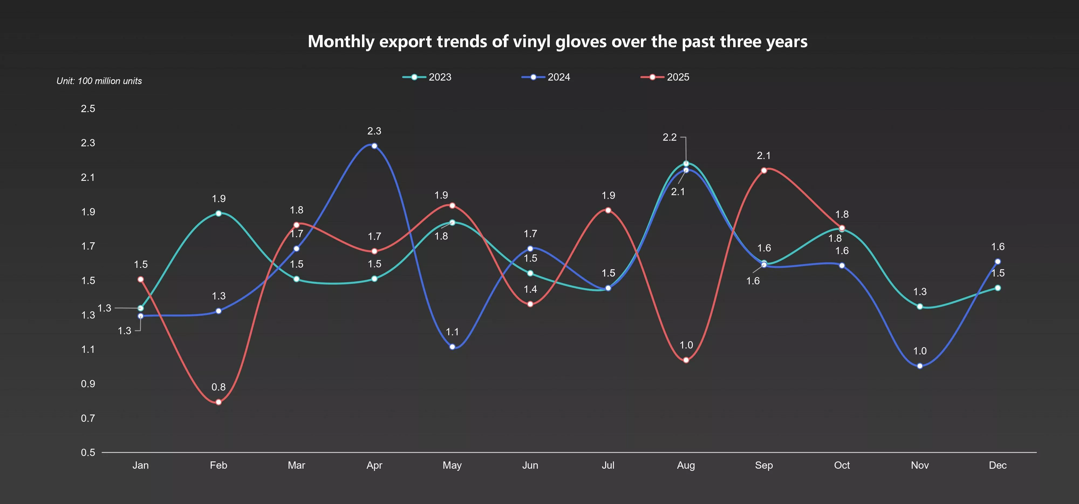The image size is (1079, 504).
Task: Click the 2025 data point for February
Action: (x=219, y=402)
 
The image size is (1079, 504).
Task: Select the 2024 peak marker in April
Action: (x=374, y=146)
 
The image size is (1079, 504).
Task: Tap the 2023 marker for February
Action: (x=219, y=213)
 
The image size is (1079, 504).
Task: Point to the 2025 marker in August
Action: (x=686, y=360)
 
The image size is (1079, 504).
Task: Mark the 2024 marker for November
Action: (x=920, y=366)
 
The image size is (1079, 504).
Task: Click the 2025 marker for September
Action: (x=764, y=170)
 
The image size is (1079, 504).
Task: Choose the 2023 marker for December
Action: (x=998, y=288)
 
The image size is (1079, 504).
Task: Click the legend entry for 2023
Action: (x=427, y=77)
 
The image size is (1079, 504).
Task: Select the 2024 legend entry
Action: (x=546, y=77)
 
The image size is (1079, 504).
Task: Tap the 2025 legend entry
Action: (x=665, y=77)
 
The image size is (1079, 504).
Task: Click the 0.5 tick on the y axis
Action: (x=88, y=453)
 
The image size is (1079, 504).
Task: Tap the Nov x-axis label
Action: (x=920, y=465)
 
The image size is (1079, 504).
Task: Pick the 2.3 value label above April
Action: (x=374, y=131)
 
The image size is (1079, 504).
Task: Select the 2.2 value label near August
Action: (x=669, y=137)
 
